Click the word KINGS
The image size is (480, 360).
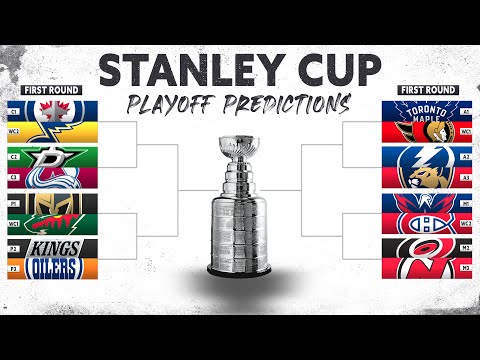pyautogui.click(x=55, y=246)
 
